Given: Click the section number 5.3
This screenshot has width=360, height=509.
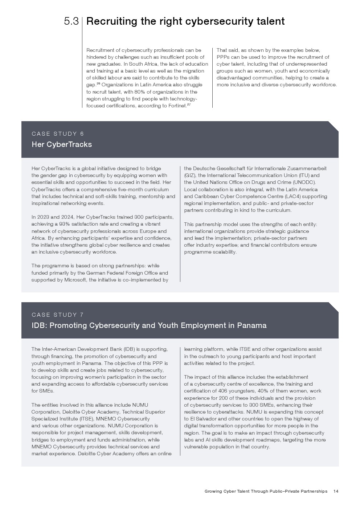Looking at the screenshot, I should (71, 21).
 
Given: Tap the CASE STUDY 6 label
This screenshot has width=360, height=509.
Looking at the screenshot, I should (58, 134).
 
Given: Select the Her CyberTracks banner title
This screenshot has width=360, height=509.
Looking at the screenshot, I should (62, 144).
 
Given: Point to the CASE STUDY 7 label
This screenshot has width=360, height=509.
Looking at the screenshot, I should (58, 315).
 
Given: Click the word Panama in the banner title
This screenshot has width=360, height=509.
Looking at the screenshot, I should (251, 325).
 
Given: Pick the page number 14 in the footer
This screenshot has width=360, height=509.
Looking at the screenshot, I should (336, 491).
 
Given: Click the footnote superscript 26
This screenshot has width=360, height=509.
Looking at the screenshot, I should (98, 83).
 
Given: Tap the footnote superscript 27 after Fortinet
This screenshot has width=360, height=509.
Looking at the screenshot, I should (189, 104).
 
